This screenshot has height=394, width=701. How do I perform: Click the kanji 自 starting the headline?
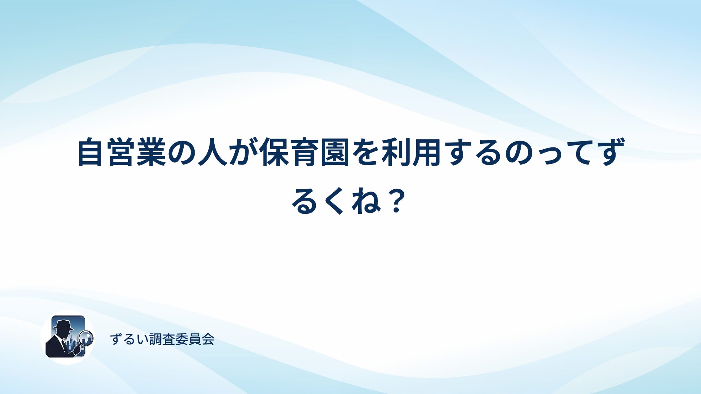[x=90, y=152]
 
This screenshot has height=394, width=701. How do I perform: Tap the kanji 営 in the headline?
[x=120, y=152]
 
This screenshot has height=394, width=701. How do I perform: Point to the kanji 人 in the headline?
[x=211, y=152]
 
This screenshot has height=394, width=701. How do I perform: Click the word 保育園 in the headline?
[x=305, y=152]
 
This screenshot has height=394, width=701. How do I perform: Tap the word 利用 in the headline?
[x=411, y=152]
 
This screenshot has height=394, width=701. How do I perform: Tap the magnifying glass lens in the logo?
[x=87, y=337]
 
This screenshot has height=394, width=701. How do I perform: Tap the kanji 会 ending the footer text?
[x=208, y=339]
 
